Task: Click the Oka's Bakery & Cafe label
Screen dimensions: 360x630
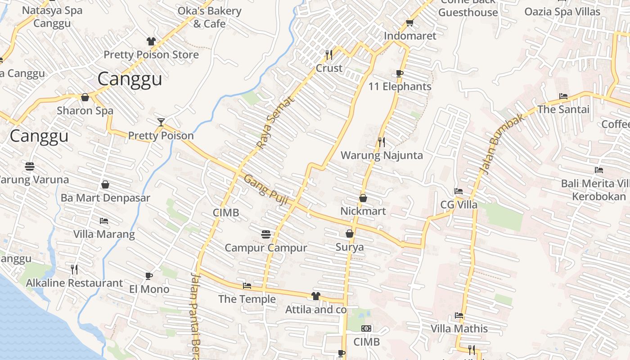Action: click(210, 17)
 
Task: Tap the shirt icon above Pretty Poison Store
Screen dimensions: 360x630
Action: click(151, 41)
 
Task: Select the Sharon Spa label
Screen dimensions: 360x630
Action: click(85, 111)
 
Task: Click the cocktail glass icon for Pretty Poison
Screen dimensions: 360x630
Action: click(161, 122)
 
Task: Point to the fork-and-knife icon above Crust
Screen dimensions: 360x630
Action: click(329, 55)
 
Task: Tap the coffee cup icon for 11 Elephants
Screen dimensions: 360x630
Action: click(399, 73)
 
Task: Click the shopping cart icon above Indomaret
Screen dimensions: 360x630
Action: click(409, 22)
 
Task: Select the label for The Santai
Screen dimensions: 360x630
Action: click(563, 109)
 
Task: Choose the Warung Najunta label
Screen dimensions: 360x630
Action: click(382, 156)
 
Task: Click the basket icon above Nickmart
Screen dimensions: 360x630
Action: click(363, 198)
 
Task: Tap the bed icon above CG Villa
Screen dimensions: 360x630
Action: click(459, 191)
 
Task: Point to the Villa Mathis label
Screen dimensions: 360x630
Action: click(459, 328)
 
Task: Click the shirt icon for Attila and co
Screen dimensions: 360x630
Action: click(316, 296)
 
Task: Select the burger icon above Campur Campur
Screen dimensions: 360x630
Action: click(266, 234)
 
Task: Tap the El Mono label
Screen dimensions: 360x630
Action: click(149, 289)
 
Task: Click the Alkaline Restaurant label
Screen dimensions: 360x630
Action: click(74, 283)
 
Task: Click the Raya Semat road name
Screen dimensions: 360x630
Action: click(275, 122)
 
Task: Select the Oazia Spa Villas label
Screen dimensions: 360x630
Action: click(562, 12)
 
